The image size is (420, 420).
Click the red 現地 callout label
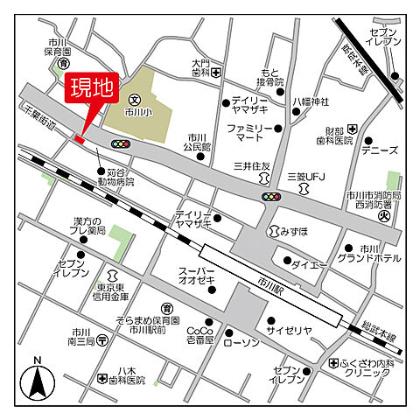(92, 88)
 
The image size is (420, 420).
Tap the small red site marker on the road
(80, 138)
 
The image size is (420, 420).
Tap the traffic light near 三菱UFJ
(272, 197)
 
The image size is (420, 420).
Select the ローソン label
(244, 341)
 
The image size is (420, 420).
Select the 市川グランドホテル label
(378, 254)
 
